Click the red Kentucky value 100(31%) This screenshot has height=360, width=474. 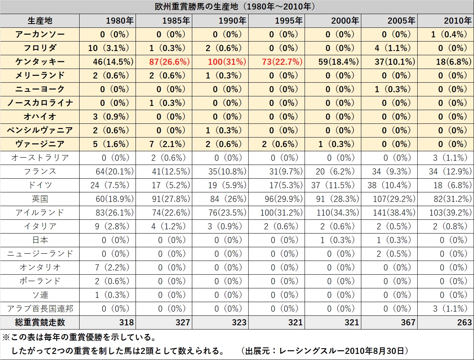click(227, 62)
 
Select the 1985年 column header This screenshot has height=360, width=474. click(176, 21)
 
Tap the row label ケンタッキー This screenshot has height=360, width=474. click(40, 62)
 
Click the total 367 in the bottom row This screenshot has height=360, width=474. click(408, 322)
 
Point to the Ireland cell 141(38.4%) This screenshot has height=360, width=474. click(394, 213)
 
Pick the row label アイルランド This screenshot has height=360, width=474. click(40, 213)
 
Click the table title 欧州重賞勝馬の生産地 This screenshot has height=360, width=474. click(196, 7)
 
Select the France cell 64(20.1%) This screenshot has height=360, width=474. click(115, 171)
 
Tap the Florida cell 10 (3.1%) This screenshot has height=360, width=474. click(109, 48)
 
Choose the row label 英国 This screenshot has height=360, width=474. click(40, 199)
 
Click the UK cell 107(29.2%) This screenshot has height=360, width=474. click(394, 199)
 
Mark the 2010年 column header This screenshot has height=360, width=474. click(458, 21)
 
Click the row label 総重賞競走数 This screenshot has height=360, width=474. click(40, 322)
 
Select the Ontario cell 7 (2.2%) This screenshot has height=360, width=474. click(112, 267)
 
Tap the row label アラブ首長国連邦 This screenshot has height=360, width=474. click(40, 309)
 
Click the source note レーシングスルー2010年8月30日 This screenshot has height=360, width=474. click(342, 351)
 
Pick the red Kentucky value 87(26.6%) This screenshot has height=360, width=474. click(169, 62)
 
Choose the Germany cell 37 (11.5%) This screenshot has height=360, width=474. click(333, 185)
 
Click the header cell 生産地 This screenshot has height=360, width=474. click(40, 21)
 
